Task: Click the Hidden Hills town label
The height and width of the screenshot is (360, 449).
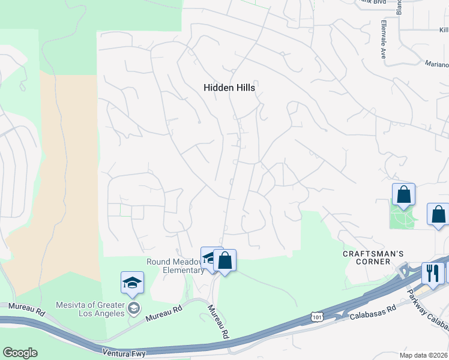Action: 229,88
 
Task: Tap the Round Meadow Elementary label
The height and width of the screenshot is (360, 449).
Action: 176,266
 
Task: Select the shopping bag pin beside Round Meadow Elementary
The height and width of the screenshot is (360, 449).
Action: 224,261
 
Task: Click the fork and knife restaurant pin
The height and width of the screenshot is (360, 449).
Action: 432,273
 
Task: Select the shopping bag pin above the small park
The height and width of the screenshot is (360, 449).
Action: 403,194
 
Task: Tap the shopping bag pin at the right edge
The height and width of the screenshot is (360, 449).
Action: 439,214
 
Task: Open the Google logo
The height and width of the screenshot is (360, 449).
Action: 20,353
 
